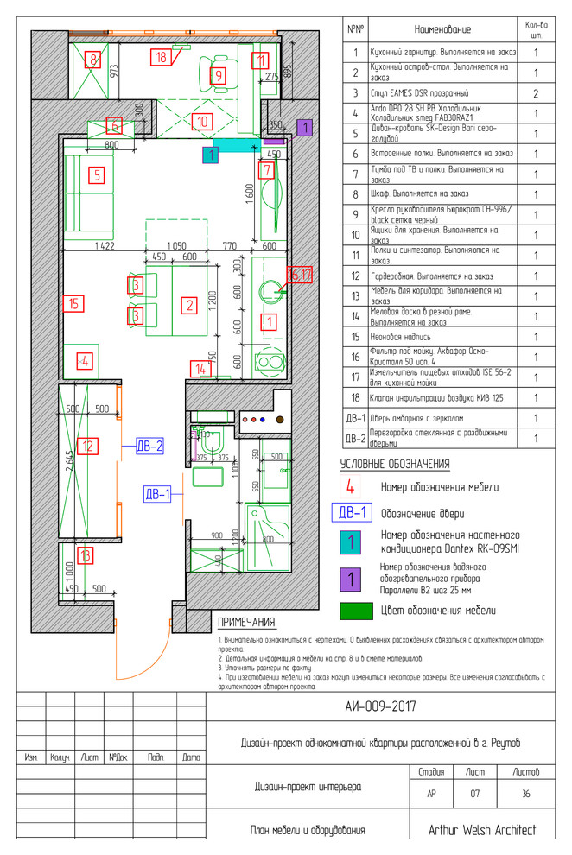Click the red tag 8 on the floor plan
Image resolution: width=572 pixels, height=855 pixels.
pos(92,60)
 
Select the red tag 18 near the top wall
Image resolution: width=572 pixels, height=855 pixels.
pos(162,57)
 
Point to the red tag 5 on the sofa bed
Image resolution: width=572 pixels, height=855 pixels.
pos(98,176)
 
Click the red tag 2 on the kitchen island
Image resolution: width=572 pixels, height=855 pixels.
pos(187,304)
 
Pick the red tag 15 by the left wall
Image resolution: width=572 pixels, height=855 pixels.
pos(73,303)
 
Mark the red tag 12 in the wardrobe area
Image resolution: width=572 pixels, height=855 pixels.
pos(87,446)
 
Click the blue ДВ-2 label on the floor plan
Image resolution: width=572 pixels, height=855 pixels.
pos(149,446)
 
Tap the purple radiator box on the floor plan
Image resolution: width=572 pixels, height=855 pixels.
pos(303,127)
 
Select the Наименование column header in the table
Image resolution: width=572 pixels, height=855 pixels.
pos(443,29)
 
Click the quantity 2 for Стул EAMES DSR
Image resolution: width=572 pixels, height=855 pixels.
pos(537,92)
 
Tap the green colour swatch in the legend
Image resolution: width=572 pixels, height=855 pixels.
pos(351,611)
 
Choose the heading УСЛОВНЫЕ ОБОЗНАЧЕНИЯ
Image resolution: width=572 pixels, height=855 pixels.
pos(395,465)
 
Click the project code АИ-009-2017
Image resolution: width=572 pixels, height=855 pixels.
pos(380,706)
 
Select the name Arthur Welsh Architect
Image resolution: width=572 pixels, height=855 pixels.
pos(481,830)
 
